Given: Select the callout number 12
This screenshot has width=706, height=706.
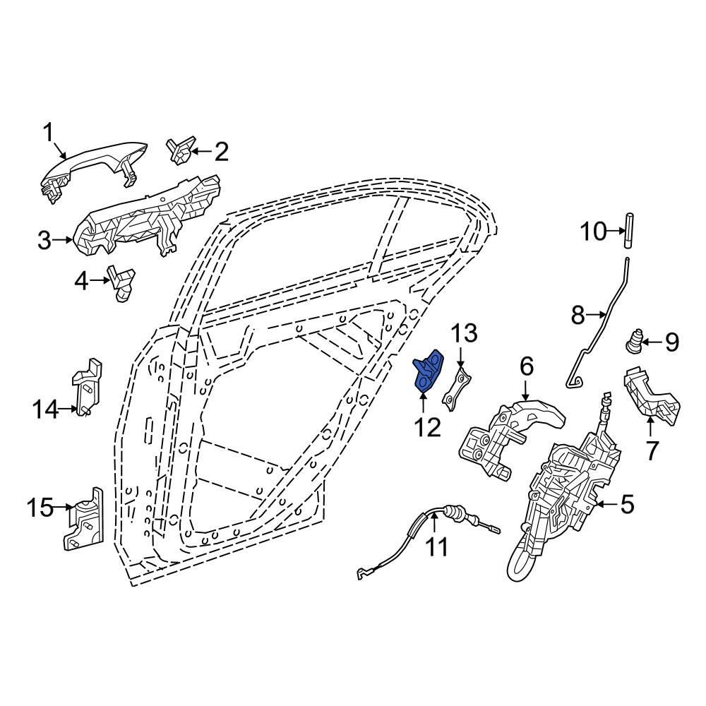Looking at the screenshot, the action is (427, 427).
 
